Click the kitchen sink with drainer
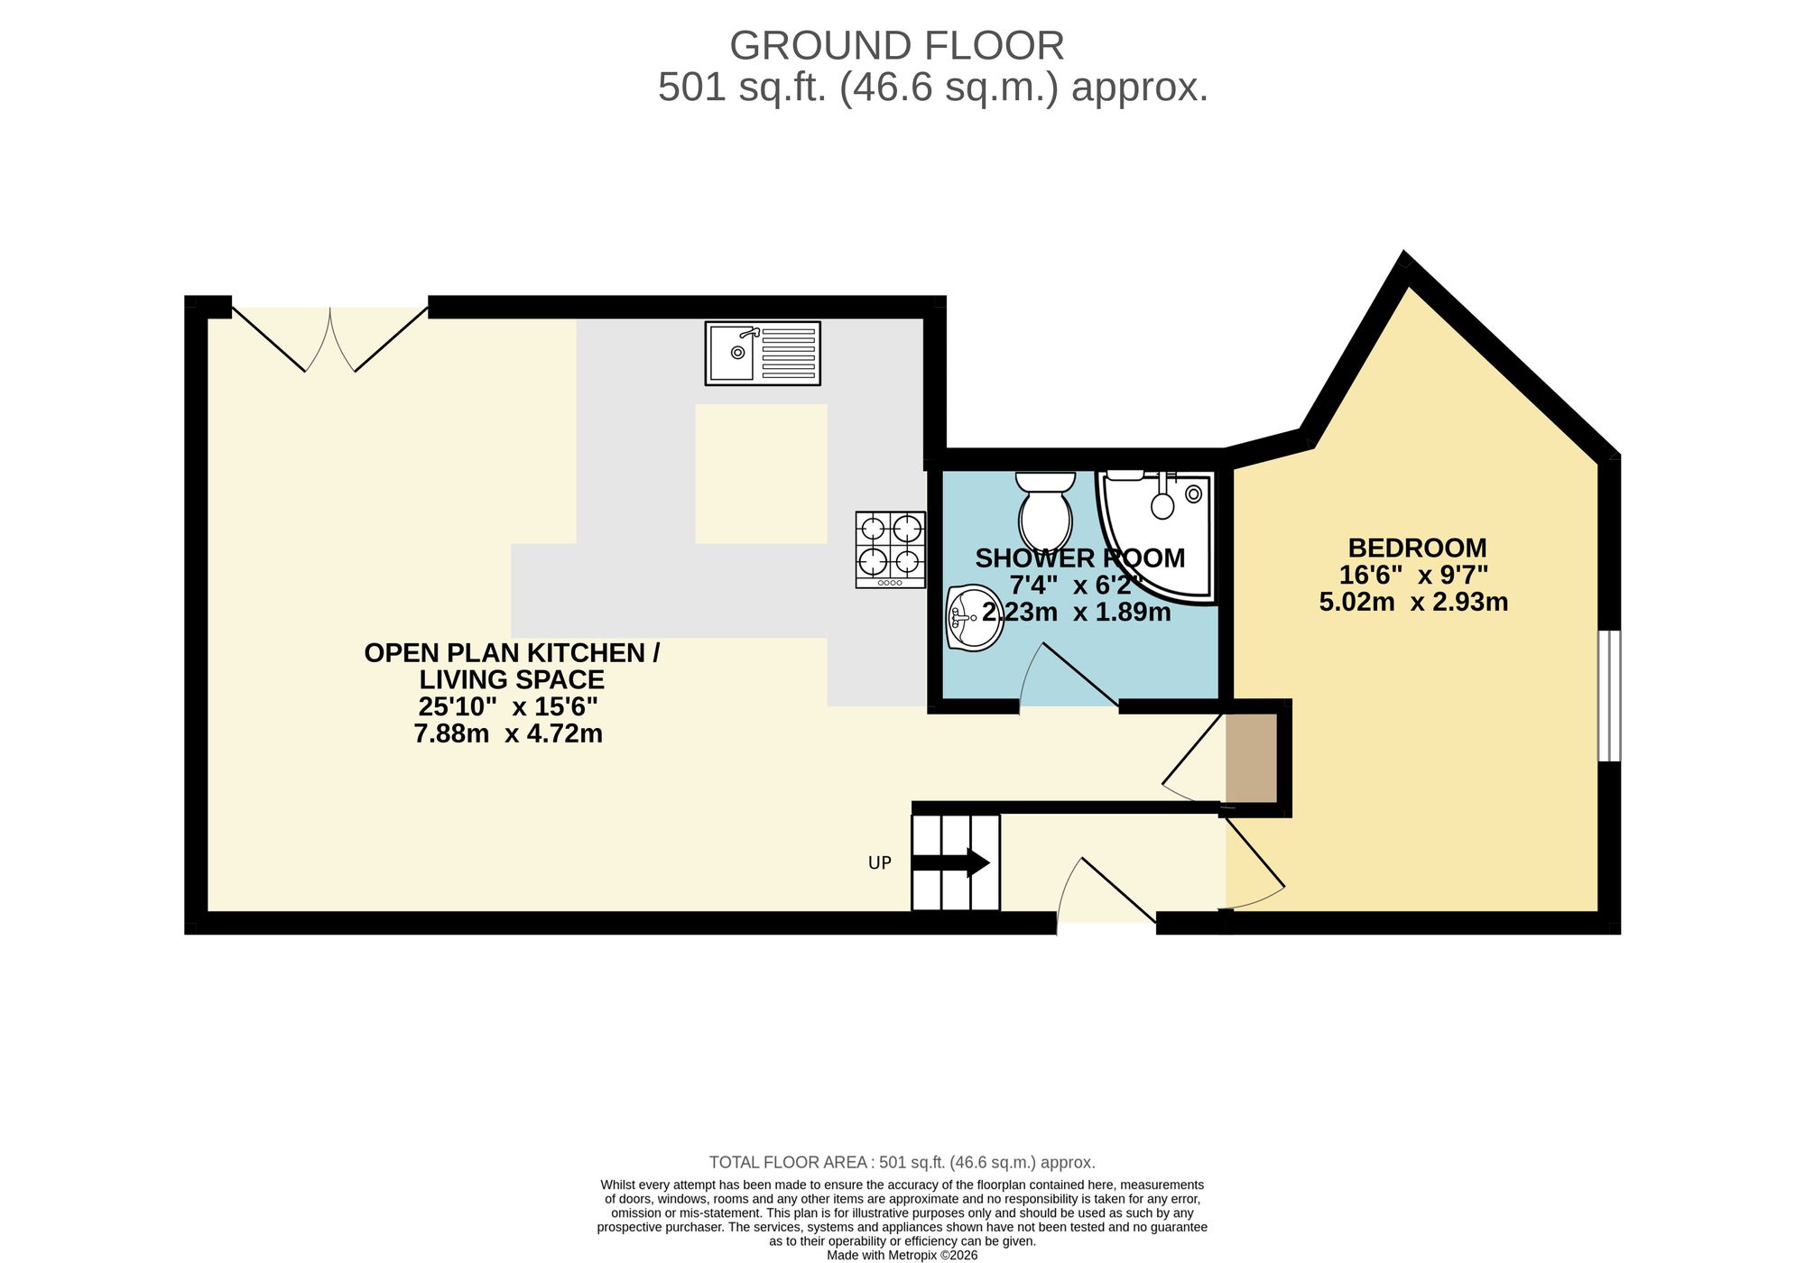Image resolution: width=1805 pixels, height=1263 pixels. (x=763, y=354)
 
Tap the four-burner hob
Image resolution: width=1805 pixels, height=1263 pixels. (x=891, y=549)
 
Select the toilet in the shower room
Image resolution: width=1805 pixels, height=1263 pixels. (x=1045, y=512)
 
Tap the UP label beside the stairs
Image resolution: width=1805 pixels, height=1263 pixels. (x=879, y=863)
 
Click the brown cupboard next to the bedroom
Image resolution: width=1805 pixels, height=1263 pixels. (x=1251, y=758)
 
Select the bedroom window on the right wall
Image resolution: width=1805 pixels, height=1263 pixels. (x=1609, y=696)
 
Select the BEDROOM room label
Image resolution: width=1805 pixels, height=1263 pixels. (x=1417, y=548)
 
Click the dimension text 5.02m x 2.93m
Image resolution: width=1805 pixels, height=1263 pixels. (x=1413, y=603)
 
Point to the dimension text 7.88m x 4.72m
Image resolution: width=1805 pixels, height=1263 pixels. (x=508, y=733)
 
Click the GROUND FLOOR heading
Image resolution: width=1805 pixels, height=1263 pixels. (x=896, y=45)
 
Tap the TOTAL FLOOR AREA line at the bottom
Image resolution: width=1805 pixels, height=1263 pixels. (x=902, y=1162)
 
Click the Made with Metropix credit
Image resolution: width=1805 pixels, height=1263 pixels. (x=902, y=1255)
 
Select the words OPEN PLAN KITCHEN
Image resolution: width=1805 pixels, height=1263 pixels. (x=510, y=653)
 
